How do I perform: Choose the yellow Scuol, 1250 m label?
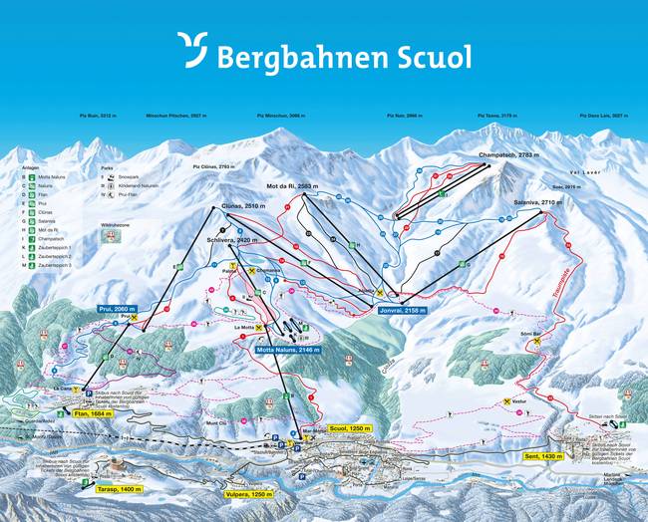(344, 426)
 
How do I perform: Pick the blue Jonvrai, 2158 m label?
(403, 310)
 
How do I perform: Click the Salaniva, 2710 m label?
(531, 202)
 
